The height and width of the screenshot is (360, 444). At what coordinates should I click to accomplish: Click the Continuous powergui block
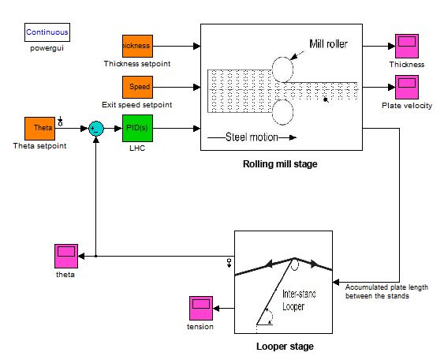click(x=47, y=32)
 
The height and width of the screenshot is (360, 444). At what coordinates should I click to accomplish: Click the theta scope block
click(x=65, y=257)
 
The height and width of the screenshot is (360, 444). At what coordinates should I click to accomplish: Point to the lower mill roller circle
click(x=282, y=111)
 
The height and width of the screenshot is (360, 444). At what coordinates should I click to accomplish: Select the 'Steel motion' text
click(x=248, y=137)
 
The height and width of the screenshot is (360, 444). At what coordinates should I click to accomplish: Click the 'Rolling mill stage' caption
click(x=281, y=164)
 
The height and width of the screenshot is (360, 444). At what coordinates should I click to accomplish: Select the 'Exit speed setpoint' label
click(x=136, y=104)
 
